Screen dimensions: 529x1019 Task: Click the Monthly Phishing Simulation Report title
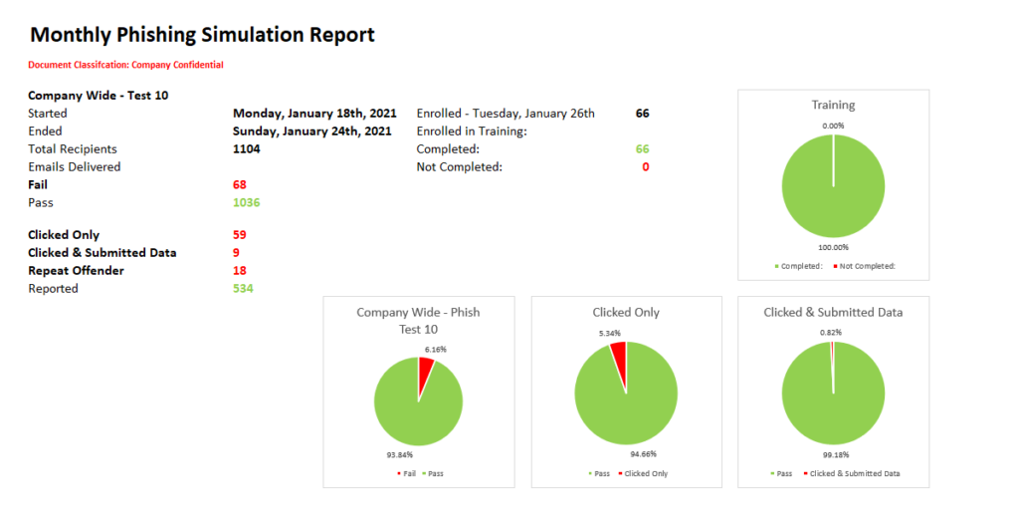click(202, 35)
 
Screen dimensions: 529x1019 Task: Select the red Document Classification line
click(125, 65)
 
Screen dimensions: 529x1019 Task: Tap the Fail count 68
click(239, 184)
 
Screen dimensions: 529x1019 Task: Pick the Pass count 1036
click(246, 202)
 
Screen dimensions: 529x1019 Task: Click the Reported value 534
click(243, 288)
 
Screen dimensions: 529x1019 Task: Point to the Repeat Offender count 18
click(239, 270)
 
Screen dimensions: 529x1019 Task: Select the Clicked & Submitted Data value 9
click(236, 252)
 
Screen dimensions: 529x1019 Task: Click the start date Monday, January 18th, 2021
click(314, 113)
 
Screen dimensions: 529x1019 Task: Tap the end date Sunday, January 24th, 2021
click(312, 131)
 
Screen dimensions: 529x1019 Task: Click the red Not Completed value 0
click(645, 166)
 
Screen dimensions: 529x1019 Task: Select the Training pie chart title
click(833, 105)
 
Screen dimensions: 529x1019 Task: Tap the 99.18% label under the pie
click(835, 454)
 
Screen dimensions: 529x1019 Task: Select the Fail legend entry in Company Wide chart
click(405, 473)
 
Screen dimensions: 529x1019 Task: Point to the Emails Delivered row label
click(75, 166)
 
